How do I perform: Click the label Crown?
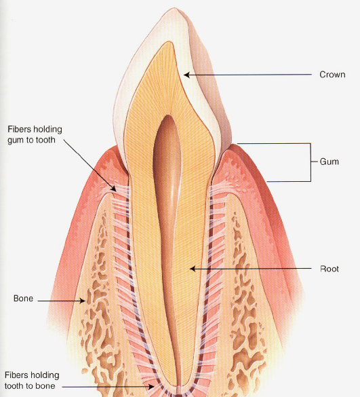[332, 75]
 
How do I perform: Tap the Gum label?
[329, 162]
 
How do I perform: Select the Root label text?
[329, 269]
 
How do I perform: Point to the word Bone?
[23, 298]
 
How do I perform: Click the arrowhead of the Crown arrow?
[187, 75]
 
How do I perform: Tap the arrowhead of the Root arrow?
[193, 269]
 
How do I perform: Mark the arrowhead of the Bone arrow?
[82, 301]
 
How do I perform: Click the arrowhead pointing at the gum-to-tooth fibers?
[114, 189]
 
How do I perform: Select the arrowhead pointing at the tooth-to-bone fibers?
[151, 387]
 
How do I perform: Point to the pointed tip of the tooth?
[174, 8]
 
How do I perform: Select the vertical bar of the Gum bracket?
[311, 163]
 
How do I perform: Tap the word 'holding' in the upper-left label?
[48, 130]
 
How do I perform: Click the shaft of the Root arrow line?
[251, 268]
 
